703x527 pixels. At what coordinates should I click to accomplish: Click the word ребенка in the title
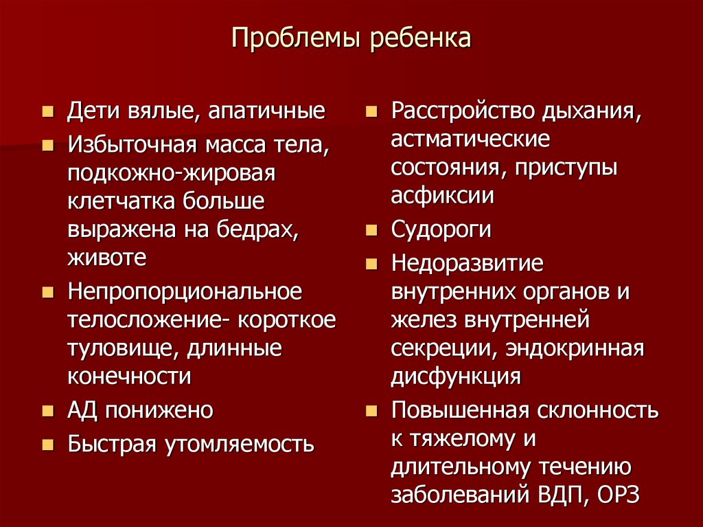(x=421, y=38)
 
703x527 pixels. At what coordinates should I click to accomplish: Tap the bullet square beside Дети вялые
(x=47, y=111)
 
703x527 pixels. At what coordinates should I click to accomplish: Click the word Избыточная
(x=131, y=145)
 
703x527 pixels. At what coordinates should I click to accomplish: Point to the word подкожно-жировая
(x=171, y=173)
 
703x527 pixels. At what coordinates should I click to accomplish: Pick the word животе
(x=106, y=258)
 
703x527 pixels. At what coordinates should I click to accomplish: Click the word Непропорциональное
(x=185, y=291)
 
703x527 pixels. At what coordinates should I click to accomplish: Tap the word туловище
(x=121, y=348)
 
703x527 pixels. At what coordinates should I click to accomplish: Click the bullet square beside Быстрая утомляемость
(x=47, y=444)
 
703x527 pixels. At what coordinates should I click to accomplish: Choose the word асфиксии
(x=442, y=196)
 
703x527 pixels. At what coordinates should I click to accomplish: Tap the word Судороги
(x=441, y=229)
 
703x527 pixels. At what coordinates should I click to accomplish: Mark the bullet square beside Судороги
(x=371, y=229)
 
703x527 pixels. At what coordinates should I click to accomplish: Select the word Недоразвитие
(x=467, y=262)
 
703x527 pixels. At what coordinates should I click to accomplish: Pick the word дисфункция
(x=456, y=377)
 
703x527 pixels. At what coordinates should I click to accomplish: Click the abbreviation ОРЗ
(x=619, y=495)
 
